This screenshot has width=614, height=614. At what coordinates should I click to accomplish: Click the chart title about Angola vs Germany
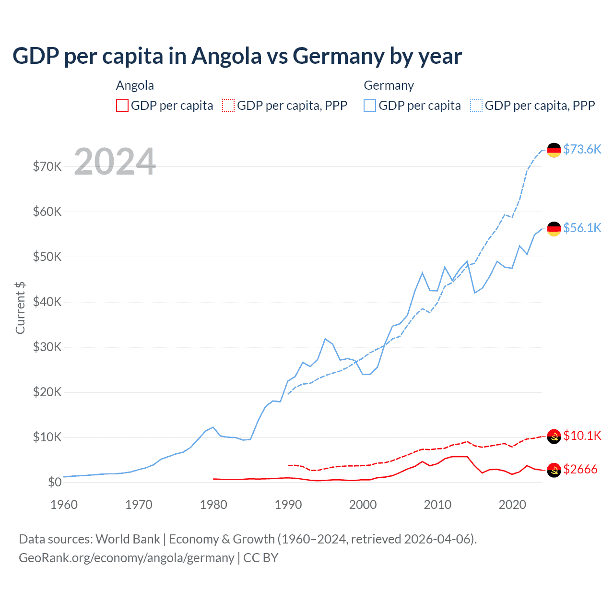point(237,56)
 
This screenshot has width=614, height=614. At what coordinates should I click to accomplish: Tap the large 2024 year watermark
point(115,162)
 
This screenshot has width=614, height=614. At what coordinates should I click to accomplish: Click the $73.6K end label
point(582,149)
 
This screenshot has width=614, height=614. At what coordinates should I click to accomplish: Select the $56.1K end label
point(582,228)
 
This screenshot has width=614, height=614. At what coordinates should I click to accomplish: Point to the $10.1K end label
point(582,436)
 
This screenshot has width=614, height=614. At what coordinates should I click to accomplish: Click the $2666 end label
point(580,469)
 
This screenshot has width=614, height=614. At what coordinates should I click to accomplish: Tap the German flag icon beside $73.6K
point(554,150)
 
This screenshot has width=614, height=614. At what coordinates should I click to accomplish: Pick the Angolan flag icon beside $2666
point(554,470)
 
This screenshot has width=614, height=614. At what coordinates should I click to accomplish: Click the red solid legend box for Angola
point(122,106)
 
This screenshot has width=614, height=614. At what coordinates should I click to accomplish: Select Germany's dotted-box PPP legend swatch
point(476,106)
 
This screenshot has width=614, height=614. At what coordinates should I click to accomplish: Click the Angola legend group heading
point(135,86)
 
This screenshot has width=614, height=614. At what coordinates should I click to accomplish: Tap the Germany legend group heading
point(389,86)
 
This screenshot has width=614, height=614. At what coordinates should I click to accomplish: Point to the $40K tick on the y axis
point(47,302)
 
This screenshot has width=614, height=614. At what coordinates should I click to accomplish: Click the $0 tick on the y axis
point(55,482)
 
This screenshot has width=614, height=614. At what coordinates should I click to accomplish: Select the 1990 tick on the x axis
point(288,505)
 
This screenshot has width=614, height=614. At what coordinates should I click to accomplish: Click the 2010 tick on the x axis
point(437,505)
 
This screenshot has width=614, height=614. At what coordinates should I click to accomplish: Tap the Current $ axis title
point(20,308)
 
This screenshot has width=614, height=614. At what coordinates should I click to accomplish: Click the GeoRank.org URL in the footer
point(126,558)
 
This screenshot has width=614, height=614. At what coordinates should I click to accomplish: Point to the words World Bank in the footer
point(128,539)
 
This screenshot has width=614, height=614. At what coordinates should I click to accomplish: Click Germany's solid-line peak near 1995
point(325,339)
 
